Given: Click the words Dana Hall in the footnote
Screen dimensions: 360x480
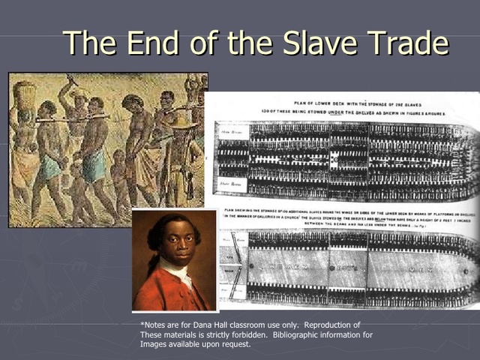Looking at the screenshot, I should click(x=204, y=325).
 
